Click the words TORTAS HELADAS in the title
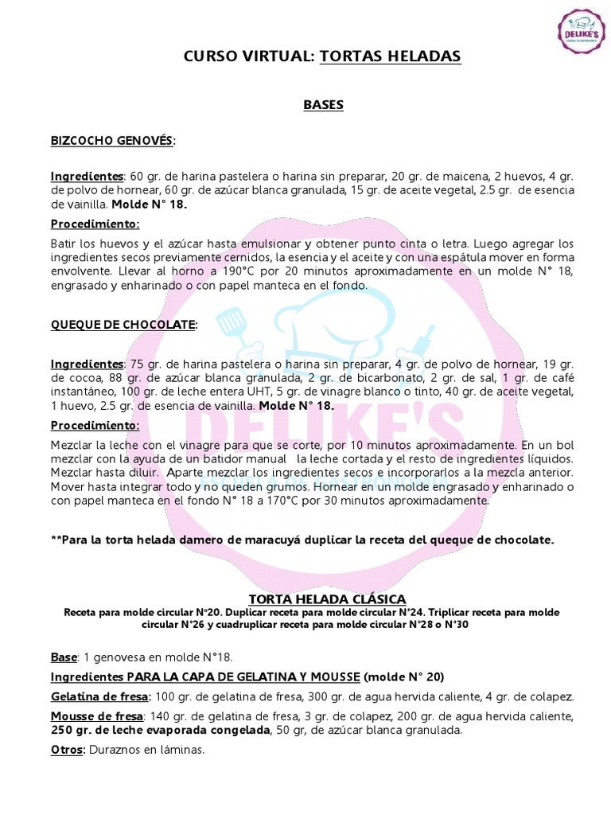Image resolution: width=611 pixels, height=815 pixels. tap(390, 56)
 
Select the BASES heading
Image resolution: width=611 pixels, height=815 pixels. tap(323, 105)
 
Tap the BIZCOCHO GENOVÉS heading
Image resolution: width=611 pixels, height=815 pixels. tap(112, 140)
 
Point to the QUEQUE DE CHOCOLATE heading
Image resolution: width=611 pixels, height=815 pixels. tap(123, 324)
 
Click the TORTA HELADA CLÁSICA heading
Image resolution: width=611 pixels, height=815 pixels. tap(328, 599)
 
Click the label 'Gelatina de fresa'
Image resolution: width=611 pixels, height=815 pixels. tap(95, 696)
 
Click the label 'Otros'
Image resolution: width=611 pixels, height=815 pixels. tap(67, 749)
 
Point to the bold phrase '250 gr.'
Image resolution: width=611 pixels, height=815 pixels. tap(69, 730)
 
